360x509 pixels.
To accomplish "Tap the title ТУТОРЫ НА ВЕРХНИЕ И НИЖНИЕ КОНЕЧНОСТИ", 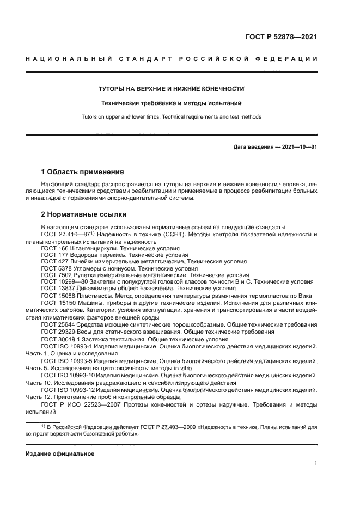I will tap(171, 89).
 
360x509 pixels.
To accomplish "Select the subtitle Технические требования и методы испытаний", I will tap(171, 103).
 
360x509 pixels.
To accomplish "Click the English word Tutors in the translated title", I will tap(105, 116).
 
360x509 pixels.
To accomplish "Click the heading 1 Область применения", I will tap(83, 171).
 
